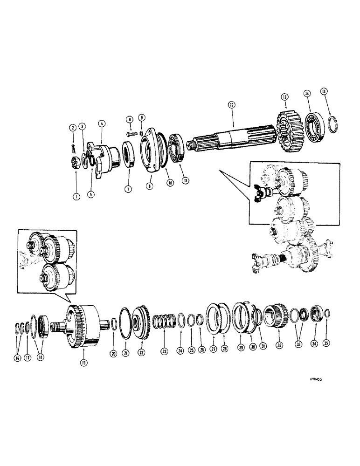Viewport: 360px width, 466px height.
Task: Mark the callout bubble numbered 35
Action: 326,344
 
